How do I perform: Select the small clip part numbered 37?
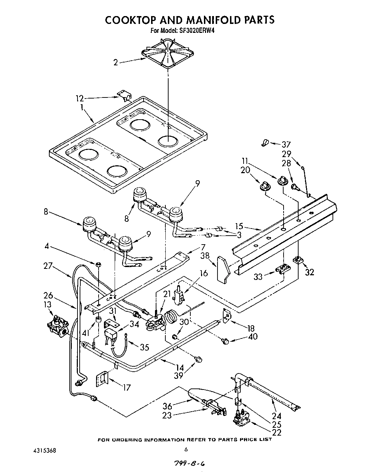point(264,143)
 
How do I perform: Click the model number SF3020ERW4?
point(193,31)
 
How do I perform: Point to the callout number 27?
point(48,266)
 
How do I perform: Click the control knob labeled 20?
point(265,185)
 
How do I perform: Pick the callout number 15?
point(240,226)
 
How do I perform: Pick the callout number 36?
point(167,406)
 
